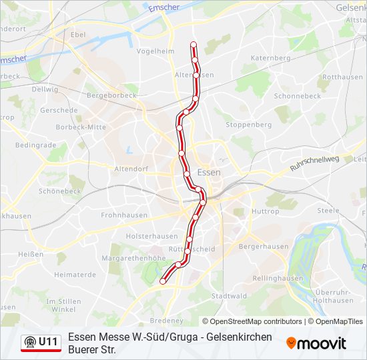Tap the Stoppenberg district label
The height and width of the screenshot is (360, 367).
pyautogui.click(x=248, y=125)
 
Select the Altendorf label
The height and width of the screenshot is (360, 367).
pyautogui.click(x=131, y=169)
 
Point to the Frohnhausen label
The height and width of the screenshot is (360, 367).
pyautogui.click(x=125, y=215)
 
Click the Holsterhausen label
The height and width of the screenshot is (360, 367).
pyautogui.click(x=152, y=236)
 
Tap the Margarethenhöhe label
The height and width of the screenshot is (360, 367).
pyautogui.click(x=137, y=257)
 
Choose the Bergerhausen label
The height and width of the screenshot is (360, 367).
pyautogui.click(x=264, y=246)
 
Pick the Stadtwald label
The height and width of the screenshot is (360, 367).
pyautogui.click(x=229, y=295)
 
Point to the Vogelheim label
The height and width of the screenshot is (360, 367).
pyautogui.click(x=151, y=51)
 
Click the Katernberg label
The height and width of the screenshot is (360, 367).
pyautogui.click(x=270, y=58)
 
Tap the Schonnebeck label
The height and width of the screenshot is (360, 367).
pyautogui.click(x=297, y=96)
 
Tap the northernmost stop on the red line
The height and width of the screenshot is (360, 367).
pyautogui.click(x=194, y=45)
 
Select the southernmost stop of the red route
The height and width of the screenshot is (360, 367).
pyautogui.click(x=163, y=281)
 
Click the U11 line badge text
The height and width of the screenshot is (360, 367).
pyautogui.click(x=48, y=342)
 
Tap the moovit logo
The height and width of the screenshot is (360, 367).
pyautogui.click(x=316, y=343)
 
